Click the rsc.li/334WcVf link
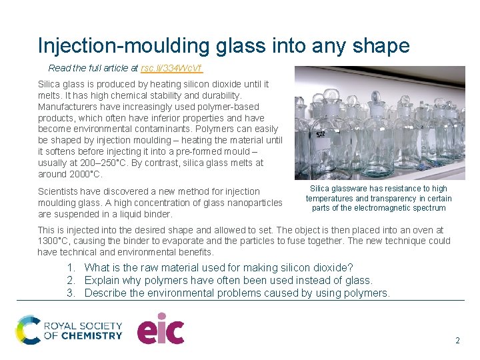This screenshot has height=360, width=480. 172,68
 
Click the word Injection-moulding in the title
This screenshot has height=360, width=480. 125,45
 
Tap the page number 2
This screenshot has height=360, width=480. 457,340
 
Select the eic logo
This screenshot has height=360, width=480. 161,329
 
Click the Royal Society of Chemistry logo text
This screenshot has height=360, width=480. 83,331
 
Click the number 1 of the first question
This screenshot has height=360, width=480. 71,267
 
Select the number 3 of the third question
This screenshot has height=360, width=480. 71,293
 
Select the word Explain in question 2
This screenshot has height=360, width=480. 102,280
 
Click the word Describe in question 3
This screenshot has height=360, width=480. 106,293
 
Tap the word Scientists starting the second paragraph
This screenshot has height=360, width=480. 59,192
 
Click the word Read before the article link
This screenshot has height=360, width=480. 59,68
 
